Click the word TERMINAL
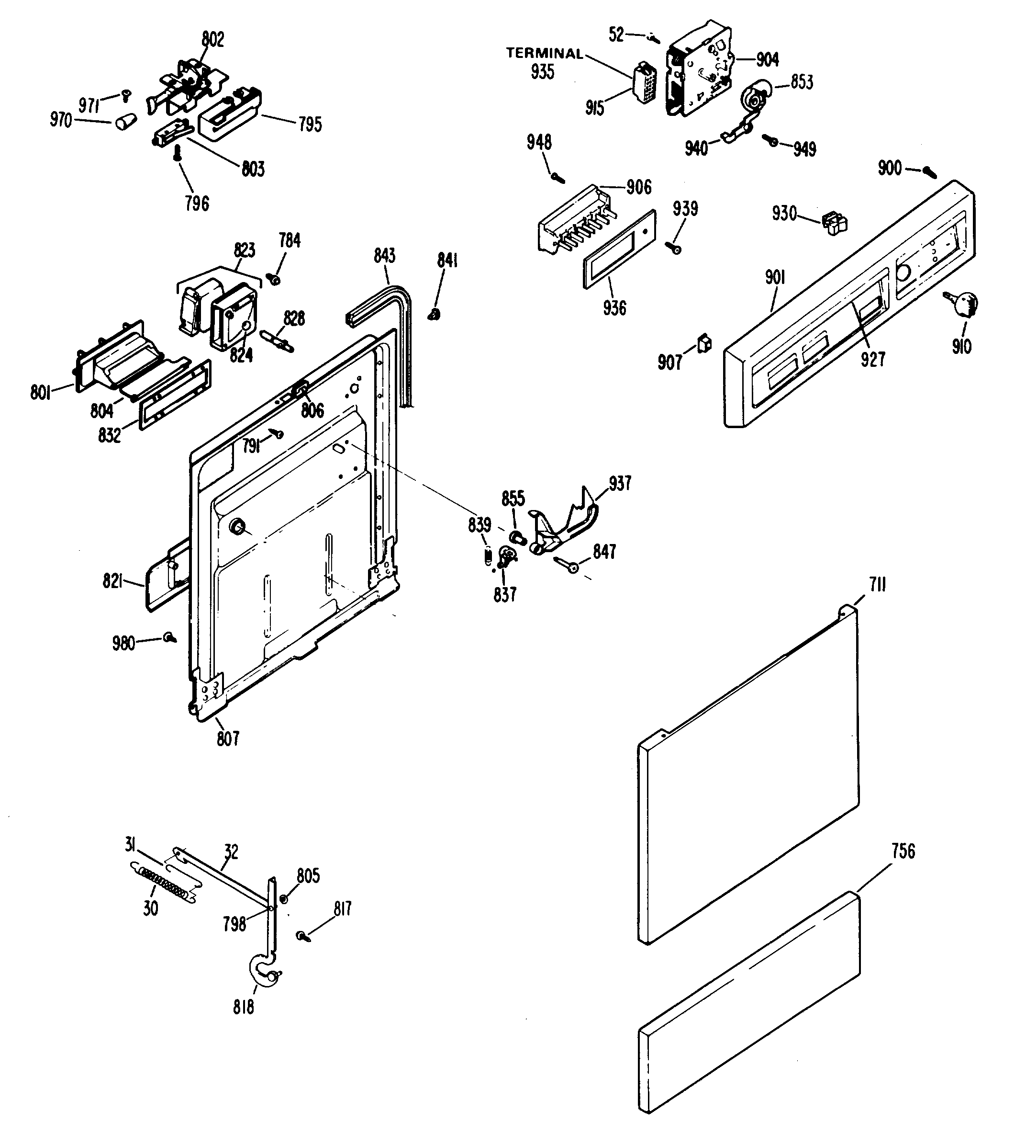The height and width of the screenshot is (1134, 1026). point(544,54)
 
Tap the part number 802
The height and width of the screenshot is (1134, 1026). point(212,39)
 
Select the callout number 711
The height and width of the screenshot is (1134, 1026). point(878,586)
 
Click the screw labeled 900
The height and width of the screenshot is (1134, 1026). point(929,171)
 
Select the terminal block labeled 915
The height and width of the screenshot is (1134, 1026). point(644,88)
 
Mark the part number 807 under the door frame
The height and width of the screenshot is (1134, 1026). point(228,738)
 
